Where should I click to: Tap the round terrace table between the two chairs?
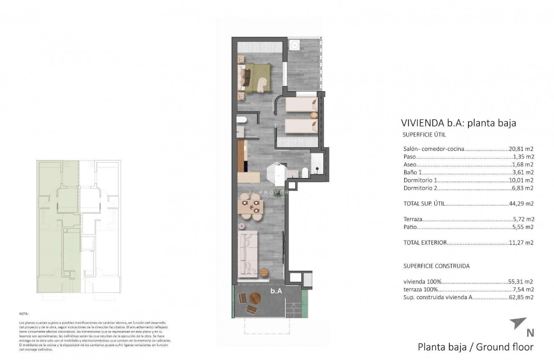coord(255,298)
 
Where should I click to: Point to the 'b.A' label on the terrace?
coord(276,290)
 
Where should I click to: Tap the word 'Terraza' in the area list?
coord(413,219)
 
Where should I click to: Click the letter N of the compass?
coord(530,333)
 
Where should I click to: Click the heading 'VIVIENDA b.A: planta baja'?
coord(458,123)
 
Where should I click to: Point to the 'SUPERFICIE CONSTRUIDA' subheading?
coord(436,266)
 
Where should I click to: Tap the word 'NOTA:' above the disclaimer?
coord(24,313)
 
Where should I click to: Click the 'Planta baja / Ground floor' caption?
coord(475,347)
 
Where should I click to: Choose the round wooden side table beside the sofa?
coord(264,272)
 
